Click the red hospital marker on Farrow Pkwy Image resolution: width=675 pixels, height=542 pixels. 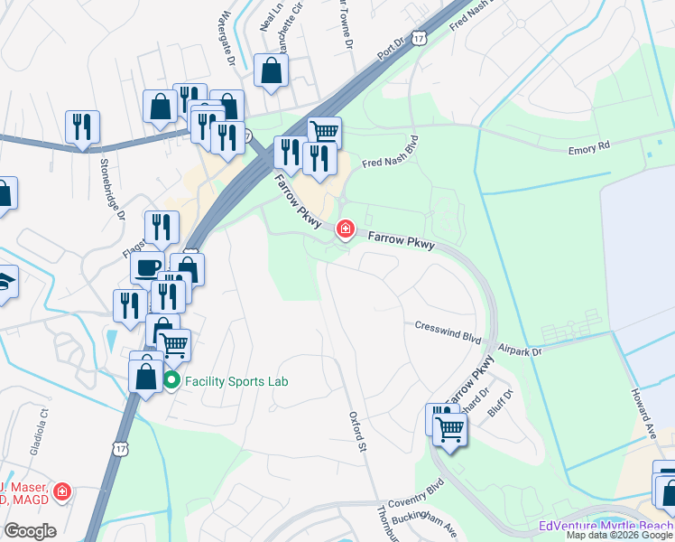[x=345, y=229]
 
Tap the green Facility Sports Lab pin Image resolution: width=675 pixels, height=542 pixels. [x=171, y=381]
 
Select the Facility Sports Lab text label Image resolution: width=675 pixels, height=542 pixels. [x=236, y=381]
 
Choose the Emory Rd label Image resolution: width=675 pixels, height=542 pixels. [x=589, y=145]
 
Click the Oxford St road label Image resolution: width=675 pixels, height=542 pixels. [x=358, y=431]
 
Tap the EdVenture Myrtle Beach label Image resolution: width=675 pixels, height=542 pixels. [x=606, y=526]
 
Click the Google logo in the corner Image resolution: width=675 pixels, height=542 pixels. [x=30, y=530]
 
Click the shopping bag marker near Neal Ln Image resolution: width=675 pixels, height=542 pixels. [x=271, y=70]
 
